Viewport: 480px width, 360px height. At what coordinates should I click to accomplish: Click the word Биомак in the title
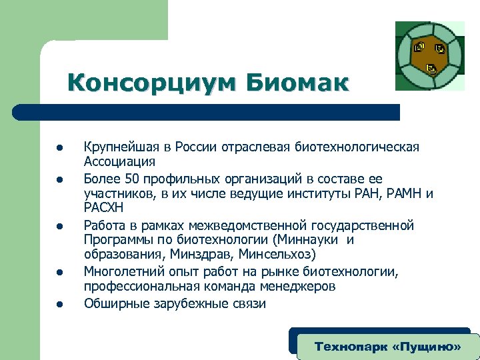(x=297, y=83)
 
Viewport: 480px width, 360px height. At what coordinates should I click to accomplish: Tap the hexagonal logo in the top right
(x=430, y=56)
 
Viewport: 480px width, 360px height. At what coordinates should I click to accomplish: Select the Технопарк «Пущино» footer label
(x=387, y=347)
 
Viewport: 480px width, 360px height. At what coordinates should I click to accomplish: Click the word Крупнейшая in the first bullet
(x=119, y=147)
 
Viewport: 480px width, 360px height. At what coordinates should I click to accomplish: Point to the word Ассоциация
(x=119, y=161)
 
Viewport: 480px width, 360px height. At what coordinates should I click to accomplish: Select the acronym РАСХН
(x=104, y=208)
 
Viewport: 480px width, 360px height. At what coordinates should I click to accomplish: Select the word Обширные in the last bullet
(x=114, y=304)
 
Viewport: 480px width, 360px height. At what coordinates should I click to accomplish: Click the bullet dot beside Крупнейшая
(x=59, y=148)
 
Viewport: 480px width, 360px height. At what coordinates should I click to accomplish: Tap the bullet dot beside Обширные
(x=59, y=305)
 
